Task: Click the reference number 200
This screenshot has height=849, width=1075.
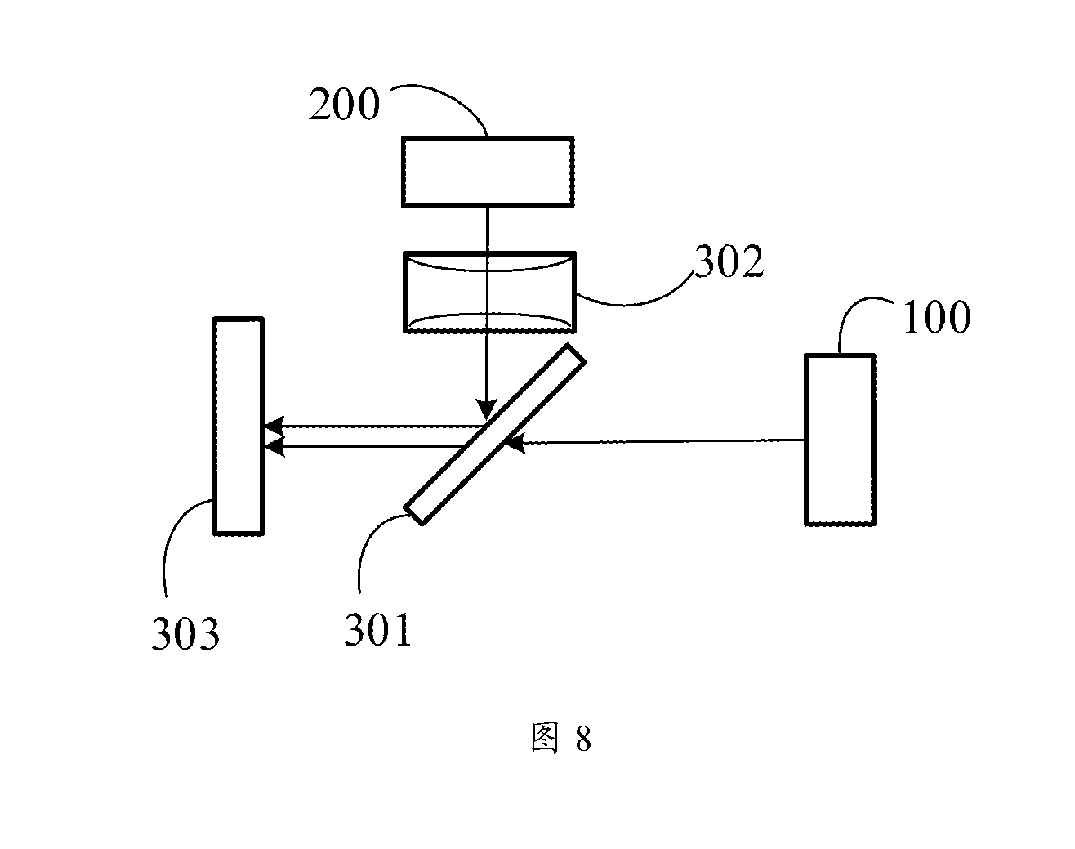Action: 344,104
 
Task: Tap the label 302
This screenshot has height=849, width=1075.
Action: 729,261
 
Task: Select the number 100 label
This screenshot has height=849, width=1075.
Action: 937,317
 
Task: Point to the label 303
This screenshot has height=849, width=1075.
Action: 185,633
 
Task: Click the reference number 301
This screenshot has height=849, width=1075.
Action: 377,630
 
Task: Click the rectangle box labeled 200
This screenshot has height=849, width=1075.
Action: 488,172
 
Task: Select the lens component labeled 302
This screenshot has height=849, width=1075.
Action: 489,292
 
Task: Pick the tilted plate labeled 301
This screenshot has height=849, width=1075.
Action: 494,434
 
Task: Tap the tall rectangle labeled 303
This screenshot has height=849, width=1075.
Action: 239,427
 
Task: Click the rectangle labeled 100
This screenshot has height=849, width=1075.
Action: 840,440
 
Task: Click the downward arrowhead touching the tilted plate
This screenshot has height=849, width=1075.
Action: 486,409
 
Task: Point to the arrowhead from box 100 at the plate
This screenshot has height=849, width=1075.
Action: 515,443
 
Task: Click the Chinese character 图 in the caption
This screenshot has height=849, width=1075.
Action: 544,738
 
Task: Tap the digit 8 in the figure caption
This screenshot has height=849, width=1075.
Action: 583,739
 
